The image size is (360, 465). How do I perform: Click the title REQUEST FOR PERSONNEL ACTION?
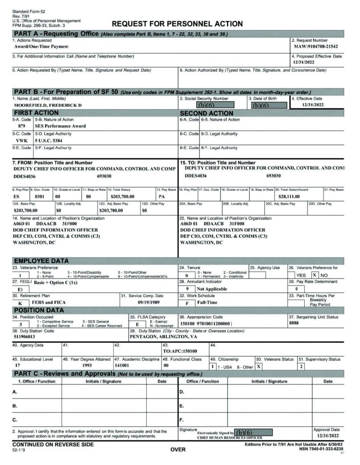point(177,24)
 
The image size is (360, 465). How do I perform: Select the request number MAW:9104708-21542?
point(315,47)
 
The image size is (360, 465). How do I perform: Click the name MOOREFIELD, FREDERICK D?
point(48,105)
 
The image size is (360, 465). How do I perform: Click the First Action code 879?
point(22,126)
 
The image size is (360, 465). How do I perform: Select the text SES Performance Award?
point(60,126)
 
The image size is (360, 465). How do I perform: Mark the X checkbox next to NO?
point(315,275)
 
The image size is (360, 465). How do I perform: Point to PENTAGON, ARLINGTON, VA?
point(163,336)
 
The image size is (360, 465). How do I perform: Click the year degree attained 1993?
point(87,365)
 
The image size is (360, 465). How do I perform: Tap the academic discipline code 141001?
point(124,365)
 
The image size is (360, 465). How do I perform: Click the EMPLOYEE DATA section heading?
point(41,261)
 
